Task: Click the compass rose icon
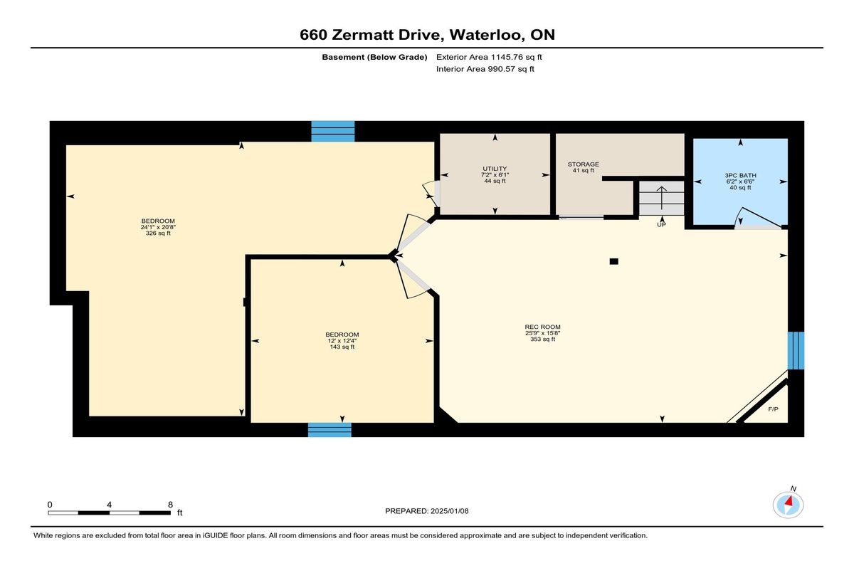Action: (788, 505)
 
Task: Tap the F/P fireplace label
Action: (773, 409)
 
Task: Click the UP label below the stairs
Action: (661, 224)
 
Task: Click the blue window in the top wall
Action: (333, 132)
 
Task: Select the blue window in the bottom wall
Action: (330, 430)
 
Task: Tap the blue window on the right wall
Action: (796, 351)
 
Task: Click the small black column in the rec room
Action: (613, 261)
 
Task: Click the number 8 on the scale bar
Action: (170, 505)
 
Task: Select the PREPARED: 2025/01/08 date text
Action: (426, 511)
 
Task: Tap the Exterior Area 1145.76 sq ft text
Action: (489, 57)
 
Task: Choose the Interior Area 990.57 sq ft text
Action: (485, 69)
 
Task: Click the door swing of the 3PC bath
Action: (759, 217)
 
